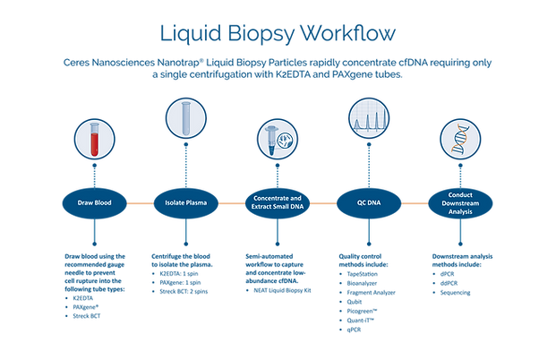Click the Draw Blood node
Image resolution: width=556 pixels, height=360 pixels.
click(93, 203)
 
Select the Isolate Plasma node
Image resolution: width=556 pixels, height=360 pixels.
click(184, 203)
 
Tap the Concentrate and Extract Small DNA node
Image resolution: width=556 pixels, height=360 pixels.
click(278, 203)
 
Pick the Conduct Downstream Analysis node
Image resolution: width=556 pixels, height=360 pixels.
click(460, 203)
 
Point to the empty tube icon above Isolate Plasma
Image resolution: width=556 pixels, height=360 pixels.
click(184, 119)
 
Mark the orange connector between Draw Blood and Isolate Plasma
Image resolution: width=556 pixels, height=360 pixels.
click(139, 203)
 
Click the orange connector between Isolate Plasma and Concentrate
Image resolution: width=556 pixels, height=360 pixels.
click(231, 203)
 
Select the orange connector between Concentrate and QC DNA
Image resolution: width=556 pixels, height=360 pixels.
click(323, 203)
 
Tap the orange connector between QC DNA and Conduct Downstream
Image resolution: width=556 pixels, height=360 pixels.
click(415, 203)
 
